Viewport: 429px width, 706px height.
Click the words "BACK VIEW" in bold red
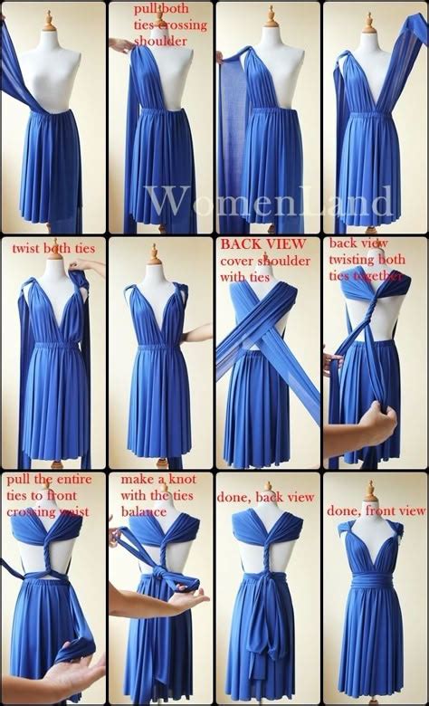coord(251,243)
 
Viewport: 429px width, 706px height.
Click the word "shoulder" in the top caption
coord(163,41)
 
